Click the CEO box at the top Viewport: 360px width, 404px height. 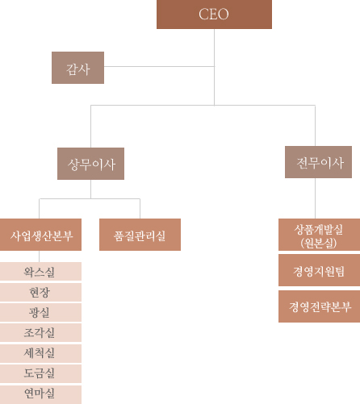pyautogui.click(x=214, y=15)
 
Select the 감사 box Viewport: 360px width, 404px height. pyautogui.click(x=77, y=68)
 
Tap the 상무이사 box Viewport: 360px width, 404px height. pyautogui.click(x=90, y=164)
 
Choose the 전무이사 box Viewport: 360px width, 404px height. pyautogui.click(x=318, y=162)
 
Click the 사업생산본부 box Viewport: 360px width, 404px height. pyautogui.click(x=40, y=235)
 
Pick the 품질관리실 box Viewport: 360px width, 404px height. pyautogui.click(x=140, y=235)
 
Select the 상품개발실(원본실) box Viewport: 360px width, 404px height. pyautogui.click(x=319, y=235)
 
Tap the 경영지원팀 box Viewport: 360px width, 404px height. pyautogui.click(x=319, y=270)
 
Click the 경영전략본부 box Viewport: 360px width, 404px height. pyautogui.click(x=319, y=306)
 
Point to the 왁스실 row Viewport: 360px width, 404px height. pyautogui.click(x=40, y=272)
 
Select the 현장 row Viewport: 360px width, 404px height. pyautogui.click(x=40, y=292)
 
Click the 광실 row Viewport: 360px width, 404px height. pyautogui.click(x=40, y=312)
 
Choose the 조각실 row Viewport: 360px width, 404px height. pyautogui.click(x=40, y=333)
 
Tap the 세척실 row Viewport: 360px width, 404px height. pyautogui.click(x=40, y=353)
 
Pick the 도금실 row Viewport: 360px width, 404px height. pyautogui.click(x=40, y=373)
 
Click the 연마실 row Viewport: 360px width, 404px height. pyautogui.click(x=40, y=394)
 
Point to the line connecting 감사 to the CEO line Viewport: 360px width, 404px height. pyautogui.click(x=159, y=66)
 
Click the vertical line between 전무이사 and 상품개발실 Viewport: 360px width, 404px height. pyautogui.click(x=315, y=198)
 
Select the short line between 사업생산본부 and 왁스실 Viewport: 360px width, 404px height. pyautogui.click(x=40, y=256)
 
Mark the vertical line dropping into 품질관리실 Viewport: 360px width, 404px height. pyautogui.click(x=140, y=209)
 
